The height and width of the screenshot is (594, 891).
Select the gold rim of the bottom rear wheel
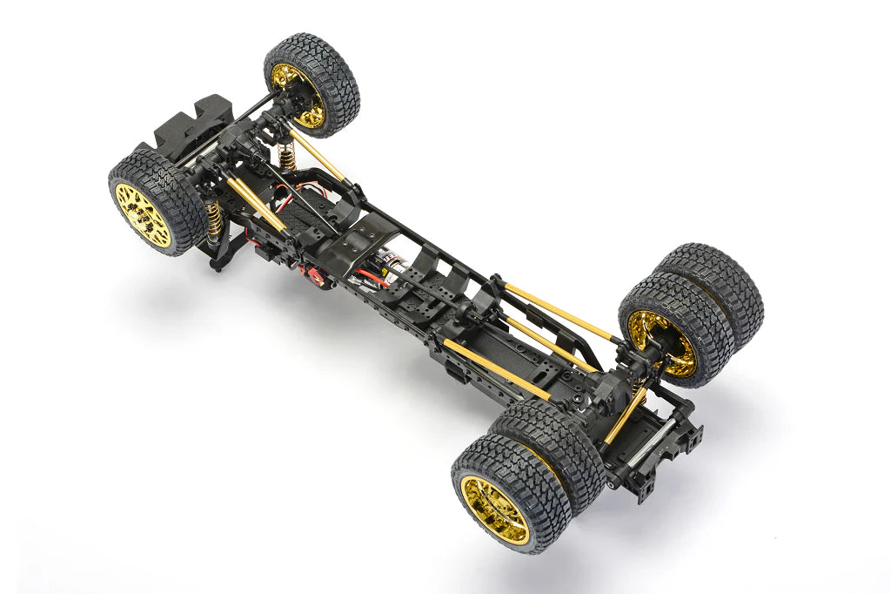(x=494, y=510)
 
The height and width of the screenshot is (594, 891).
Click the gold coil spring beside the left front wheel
(x=212, y=220)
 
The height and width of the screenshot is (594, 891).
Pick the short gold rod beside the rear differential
(x=624, y=415)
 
